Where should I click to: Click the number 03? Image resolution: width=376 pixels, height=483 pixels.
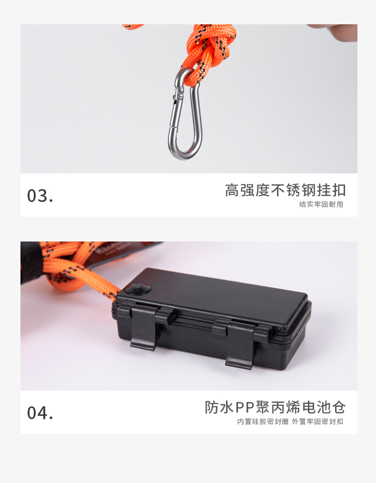(x=40, y=195)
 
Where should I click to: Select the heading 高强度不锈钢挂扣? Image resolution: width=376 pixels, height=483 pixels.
(x=285, y=190)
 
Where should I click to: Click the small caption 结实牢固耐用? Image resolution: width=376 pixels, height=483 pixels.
(x=321, y=204)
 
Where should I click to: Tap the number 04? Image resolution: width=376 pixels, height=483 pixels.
(x=40, y=413)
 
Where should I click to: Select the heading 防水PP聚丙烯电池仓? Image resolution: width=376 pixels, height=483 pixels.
(x=275, y=407)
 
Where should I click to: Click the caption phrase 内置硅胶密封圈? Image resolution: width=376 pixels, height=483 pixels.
(x=263, y=422)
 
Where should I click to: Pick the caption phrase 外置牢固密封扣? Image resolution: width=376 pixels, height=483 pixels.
(x=317, y=422)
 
